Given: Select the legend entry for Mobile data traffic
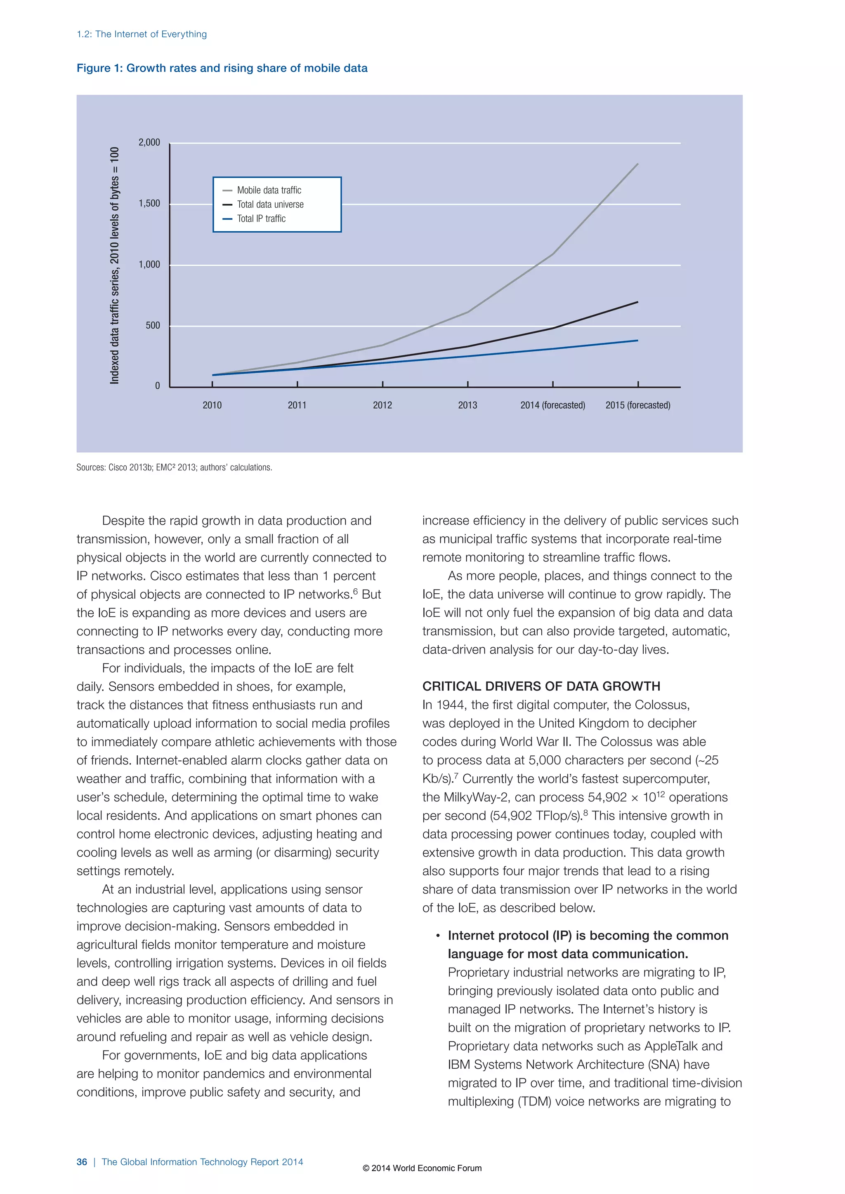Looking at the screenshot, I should [x=269, y=190].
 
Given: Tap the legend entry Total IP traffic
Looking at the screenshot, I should [x=261, y=219].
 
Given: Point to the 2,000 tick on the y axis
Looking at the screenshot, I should [x=149, y=143].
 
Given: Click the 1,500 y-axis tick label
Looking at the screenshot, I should [x=149, y=203].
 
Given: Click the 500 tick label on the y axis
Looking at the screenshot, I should [x=153, y=326].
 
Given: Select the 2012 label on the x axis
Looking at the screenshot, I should [x=382, y=405].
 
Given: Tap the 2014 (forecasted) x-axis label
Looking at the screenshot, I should [x=552, y=405].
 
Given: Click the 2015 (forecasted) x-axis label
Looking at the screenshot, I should [x=638, y=405].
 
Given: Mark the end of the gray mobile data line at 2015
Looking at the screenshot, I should [x=638, y=164].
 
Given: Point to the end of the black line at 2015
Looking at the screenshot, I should [x=638, y=302].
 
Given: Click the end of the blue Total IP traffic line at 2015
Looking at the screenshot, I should [x=638, y=341].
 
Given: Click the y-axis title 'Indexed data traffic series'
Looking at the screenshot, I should [x=114, y=265].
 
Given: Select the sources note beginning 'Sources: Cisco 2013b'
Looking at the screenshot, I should [x=174, y=468].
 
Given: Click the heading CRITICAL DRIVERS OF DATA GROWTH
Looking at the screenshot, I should [x=541, y=686].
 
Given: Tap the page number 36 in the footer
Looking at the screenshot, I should [x=82, y=1162].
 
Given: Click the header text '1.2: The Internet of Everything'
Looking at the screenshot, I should [x=142, y=34].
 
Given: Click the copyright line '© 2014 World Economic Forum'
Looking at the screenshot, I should [x=422, y=1168].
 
